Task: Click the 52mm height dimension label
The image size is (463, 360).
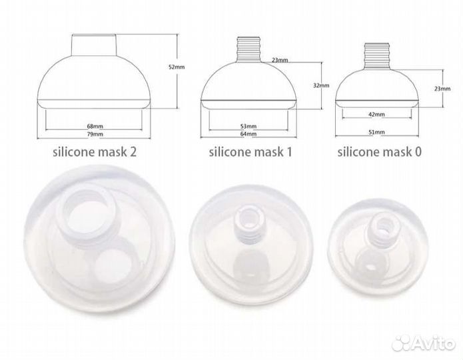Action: pos(177,67)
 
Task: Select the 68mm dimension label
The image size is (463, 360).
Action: pos(95,126)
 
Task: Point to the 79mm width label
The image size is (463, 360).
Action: pos(95,134)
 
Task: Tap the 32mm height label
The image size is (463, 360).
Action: pos(321,86)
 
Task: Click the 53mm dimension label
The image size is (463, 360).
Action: pos(248,126)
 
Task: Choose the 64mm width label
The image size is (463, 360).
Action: pos(248,133)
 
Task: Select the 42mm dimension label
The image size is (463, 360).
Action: pos(377,114)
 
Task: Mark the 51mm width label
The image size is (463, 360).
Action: pos(377,132)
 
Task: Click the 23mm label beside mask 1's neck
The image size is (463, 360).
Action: pos(280,60)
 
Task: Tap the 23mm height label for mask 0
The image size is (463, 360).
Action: pos(442,89)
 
